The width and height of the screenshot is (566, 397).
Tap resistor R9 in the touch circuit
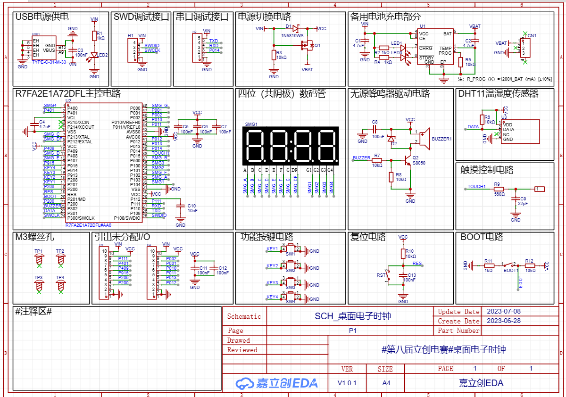(499, 189)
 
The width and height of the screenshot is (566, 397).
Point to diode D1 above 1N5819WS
(296, 29)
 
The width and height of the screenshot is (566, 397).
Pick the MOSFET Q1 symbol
(307, 46)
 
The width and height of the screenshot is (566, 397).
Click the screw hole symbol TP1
(39, 259)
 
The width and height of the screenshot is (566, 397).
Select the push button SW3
(291, 282)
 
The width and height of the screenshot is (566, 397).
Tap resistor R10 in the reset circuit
(403, 254)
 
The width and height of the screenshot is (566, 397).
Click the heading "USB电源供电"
(42, 17)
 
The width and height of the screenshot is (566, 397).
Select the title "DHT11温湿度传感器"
(498, 94)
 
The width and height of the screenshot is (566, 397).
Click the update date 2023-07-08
(503, 311)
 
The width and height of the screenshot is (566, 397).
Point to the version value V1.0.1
(347, 383)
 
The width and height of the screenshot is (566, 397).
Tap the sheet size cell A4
(386, 383)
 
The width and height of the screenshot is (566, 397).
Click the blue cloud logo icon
(245, 383)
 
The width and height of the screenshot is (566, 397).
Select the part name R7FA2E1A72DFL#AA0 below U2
(88, 225)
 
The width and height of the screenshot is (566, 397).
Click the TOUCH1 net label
(476, 187)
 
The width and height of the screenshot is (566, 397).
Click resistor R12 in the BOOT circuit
(530, 265)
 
